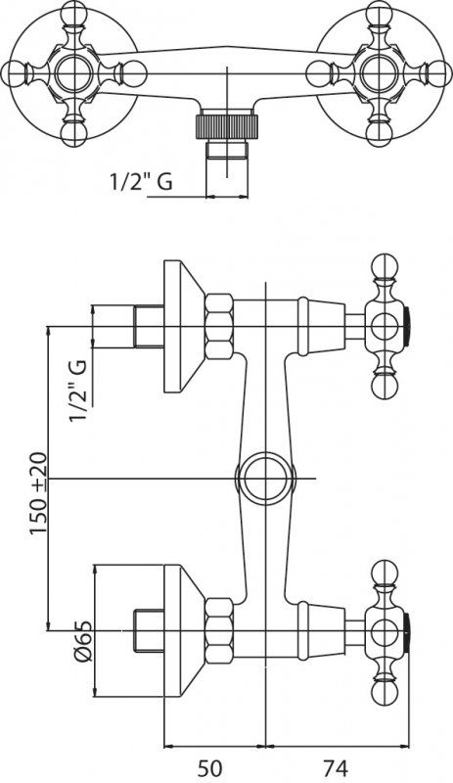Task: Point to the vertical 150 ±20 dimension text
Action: (x=38, y=493)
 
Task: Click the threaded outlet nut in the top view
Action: (x=226, y=126)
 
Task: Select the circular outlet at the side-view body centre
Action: (x=266, y=479)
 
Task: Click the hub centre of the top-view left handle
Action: (x=75, y=72)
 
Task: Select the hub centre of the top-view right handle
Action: (x=377, y=72)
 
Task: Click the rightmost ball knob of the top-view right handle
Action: (x=439, y=72)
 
